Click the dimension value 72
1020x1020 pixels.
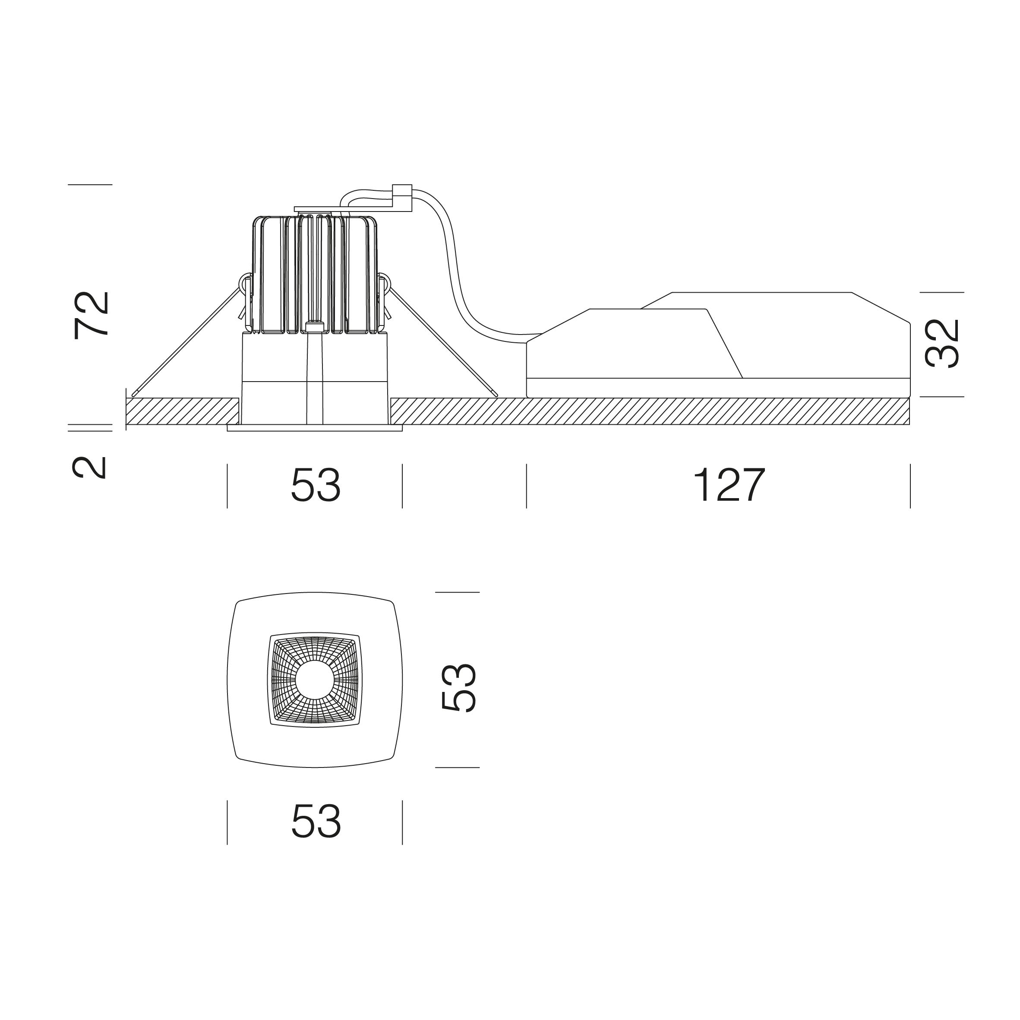tap(92, 315)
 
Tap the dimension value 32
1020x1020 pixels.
tap(942, 344)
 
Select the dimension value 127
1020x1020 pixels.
tap(729, 485)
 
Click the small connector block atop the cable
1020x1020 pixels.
tap(402, 197)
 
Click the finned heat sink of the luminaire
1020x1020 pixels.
tap(315, 275)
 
